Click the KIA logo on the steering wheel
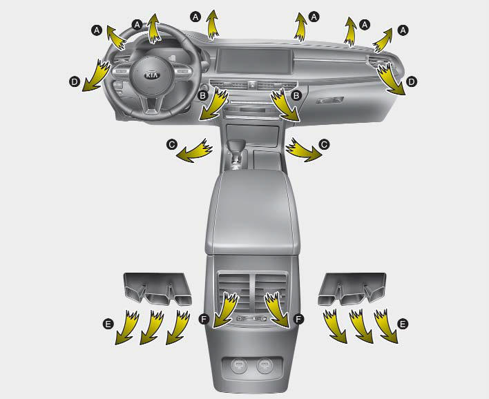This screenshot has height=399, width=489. (x=152, y=75)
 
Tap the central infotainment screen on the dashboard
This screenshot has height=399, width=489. (x=254, y=61)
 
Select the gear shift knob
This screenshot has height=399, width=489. (x=236, y=146)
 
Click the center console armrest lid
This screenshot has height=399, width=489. (x=253, y=211)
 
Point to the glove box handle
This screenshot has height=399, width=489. (x=329, y=100)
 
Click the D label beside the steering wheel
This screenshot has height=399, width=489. (x=75, y=82)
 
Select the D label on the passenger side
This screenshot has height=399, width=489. (x=412, y=82)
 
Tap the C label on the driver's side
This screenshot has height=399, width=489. (x=172, y=145)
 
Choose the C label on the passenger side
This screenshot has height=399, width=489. (x=324, y=145)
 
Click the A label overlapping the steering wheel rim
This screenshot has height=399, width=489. (x=137, y=25)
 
